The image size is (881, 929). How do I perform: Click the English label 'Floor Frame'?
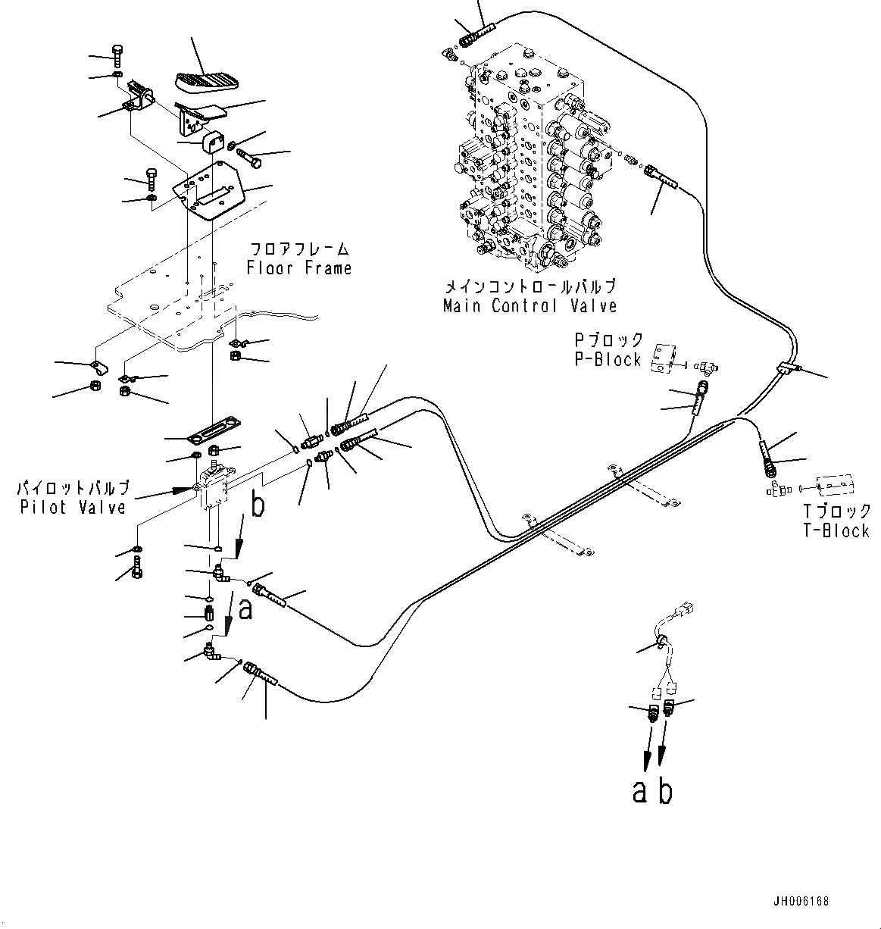(299, 267)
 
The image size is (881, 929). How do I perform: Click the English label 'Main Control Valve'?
(530, 305)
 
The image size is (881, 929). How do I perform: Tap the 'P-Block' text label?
(608, 359)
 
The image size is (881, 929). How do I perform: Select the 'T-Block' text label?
(836, 530)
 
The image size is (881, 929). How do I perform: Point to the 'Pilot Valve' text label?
(73, 506)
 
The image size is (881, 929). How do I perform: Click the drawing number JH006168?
(801, 901)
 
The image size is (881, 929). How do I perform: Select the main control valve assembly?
(530, 159)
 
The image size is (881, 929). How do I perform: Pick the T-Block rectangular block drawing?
(834, 484)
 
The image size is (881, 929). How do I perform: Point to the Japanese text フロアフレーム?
(299, 249)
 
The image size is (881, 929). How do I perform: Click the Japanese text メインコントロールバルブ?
(530, 286)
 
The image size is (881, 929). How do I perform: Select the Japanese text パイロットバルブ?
(73, 487)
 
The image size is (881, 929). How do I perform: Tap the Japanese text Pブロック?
(608, 339)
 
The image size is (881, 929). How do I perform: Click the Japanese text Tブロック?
(836, 511)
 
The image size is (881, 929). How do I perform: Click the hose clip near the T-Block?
(787, 368)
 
